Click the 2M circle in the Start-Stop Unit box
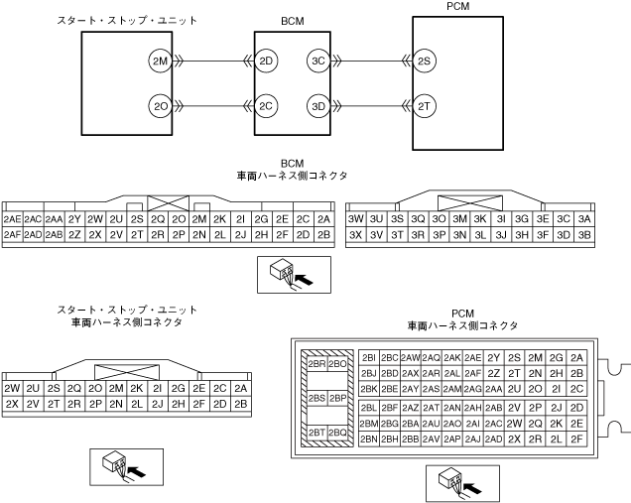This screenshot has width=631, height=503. click(159, 62)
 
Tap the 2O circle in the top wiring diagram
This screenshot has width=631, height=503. click(159, 105)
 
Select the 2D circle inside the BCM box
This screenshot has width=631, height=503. click(266, 62)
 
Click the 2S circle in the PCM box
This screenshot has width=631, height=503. click(424, 62)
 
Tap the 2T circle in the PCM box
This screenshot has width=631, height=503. click(424, 105)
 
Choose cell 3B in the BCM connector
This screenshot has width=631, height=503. click(585, 235)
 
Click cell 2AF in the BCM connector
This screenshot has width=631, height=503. click(13, 235)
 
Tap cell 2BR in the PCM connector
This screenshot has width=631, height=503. click(316, 363)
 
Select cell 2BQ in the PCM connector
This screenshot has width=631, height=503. click(337, 433)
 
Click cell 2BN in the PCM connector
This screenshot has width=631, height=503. click(368, 439)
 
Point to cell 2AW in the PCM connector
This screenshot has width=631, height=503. click(410, 357)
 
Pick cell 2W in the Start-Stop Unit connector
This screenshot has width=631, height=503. click(13, 388)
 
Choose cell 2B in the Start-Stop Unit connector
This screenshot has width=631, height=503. click(241, 404)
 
